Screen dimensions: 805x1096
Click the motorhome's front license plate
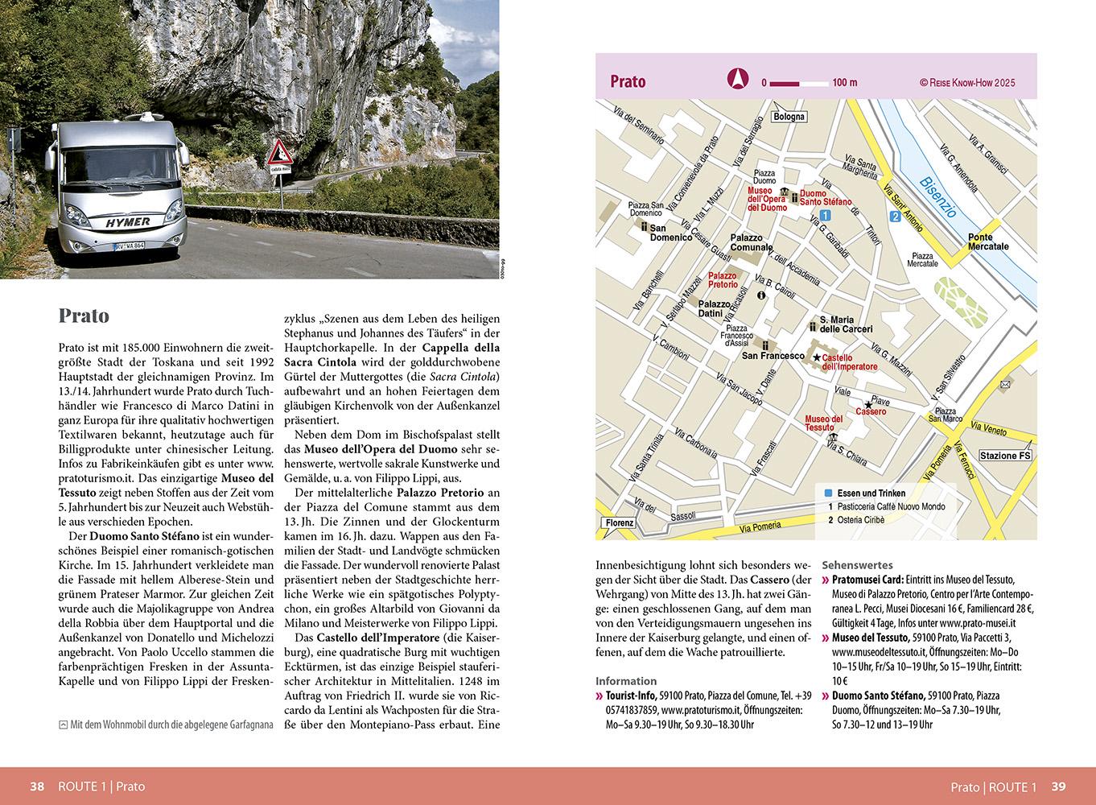pyautogui.click(x=129, y=245)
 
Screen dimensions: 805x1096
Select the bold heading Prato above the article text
pyautogui.click(x=84, y=316)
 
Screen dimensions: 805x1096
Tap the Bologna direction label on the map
pyautogui.click(x=788, y=117)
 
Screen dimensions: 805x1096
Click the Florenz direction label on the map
pyautogui.click(x=620, y=523)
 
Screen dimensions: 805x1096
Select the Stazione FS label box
pyautogui.click(x=1004, y=456)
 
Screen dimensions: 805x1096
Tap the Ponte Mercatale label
pyautogui.click(x=987, y=242)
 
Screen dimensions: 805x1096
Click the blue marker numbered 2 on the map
pyautogui.click(x=894, y=216)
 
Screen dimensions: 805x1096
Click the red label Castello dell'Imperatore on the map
pyautogui.click(x=850, y=362)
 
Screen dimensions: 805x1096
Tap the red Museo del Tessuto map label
pyautogui.click(x=824, y=423)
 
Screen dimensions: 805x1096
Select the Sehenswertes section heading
pyautogui.click(x=857, y=565)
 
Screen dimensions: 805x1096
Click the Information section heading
pyautogui.click(x=626, y=681)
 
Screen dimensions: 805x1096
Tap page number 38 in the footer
pyautogui.click(x=37, y=786)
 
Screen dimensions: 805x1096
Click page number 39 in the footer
pyautogui.click(x=1058, y=786)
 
